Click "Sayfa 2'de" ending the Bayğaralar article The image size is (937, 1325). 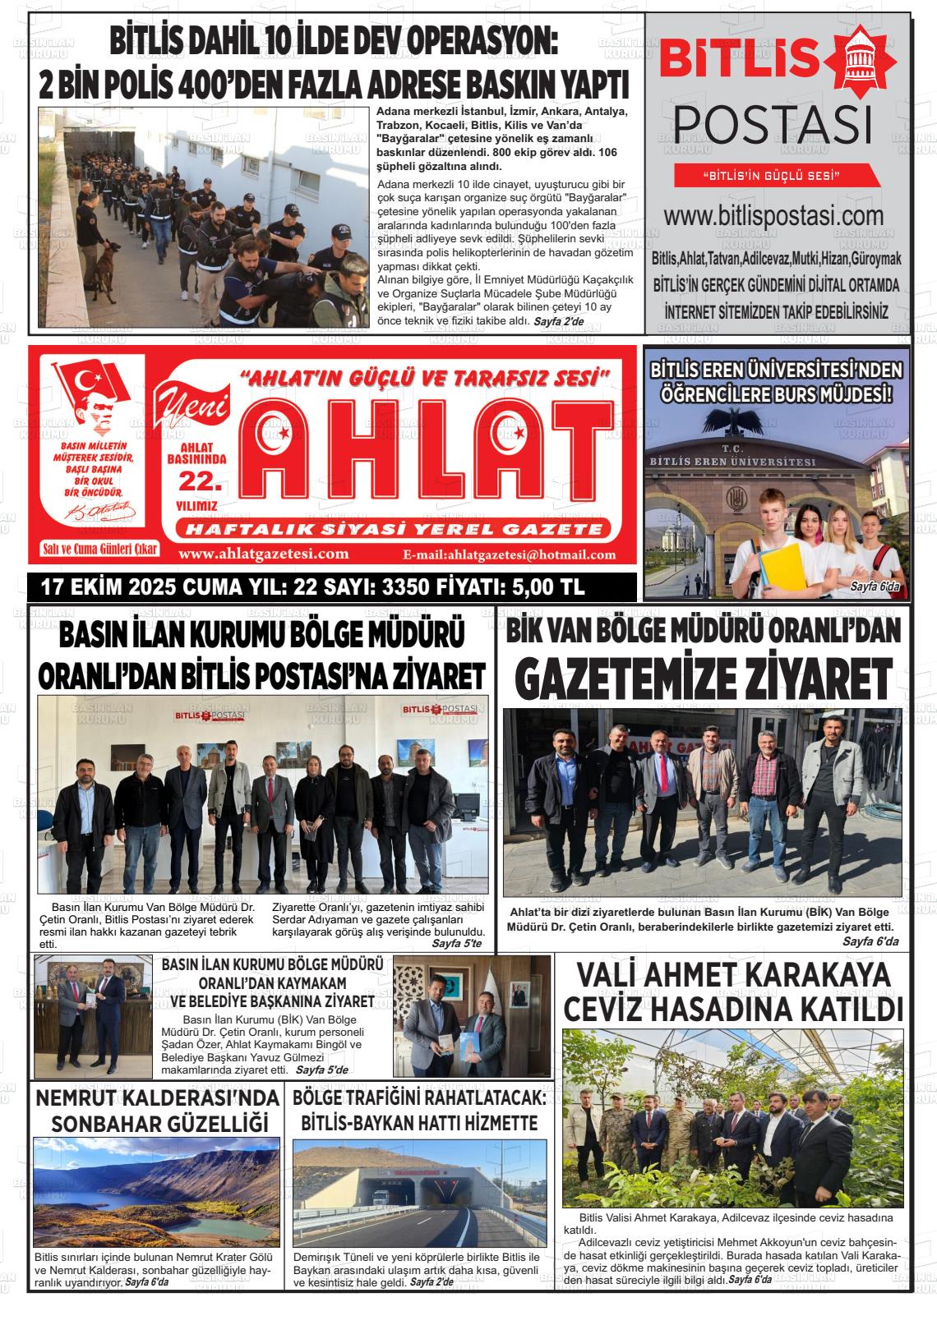(558, 321)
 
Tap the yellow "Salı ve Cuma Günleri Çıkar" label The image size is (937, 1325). (99, 550)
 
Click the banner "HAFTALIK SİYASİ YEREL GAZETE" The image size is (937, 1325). (394, 529)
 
